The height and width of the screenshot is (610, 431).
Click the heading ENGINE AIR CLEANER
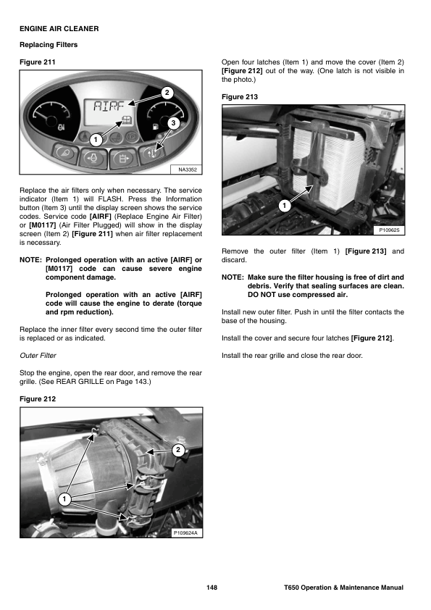(59, 29)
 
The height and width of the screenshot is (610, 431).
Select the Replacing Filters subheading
(49, 45)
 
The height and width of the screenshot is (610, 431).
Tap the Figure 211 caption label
(38, 62)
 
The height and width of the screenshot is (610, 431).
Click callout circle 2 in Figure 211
(167, 93)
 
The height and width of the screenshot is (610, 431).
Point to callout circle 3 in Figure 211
(174, 123)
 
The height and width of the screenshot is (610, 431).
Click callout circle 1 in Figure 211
(96, 140)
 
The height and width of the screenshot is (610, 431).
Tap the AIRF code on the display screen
(109, 106)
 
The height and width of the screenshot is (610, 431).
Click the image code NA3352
(188, 170)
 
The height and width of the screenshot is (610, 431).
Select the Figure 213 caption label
(240, 97)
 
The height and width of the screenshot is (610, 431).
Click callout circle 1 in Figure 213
(285, 206)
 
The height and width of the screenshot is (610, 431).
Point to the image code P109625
(390, 230)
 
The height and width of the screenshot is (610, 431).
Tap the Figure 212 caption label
(38, 399)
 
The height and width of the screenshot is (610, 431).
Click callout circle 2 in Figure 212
(178, 450)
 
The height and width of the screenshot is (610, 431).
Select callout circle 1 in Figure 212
(64, 499)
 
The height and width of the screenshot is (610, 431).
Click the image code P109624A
(186, 532)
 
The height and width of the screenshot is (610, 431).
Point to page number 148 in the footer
(212, 588)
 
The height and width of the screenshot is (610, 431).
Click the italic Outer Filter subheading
(38, 356)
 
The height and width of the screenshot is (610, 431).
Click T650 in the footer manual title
(292, 588)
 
